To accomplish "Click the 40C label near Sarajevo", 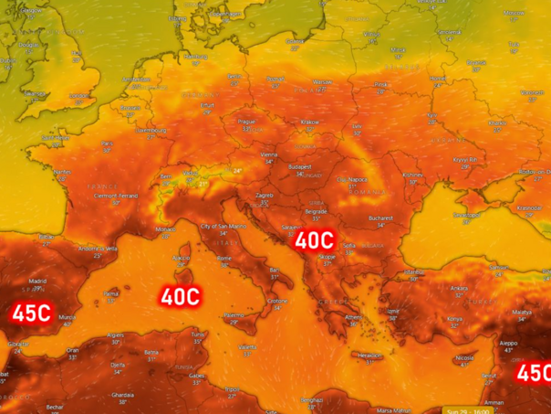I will coord(313,240).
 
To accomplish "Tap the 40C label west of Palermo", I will coord(180,296).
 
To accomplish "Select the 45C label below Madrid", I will coord(30,313).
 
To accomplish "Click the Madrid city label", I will coord(37,281).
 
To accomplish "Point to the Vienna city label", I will coord(268,155).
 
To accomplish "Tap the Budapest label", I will coord(300,167).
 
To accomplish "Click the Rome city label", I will coord(224,259).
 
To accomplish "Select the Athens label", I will coord(353,316).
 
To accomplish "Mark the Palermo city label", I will coord(234,314).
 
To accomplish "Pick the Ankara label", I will coord(457,287).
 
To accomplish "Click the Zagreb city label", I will coord(265,195).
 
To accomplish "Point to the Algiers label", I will coord(116,334).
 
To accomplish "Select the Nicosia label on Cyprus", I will coord(465,357).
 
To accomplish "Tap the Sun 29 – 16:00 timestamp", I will coord(472,409).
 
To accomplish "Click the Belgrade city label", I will coord(316,211).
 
